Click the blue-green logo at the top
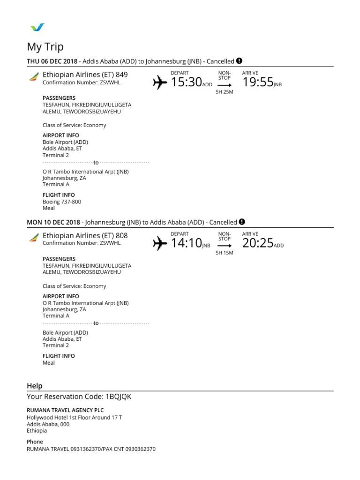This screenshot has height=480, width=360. pyautogui.click(x=37, y=27)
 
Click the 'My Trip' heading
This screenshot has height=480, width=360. pyautogui.click(x=45, y=47)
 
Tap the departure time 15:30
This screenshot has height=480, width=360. pyautogui.click(x=186, y=82)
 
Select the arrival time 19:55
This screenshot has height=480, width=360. pyautogui.click(x=258, y=82)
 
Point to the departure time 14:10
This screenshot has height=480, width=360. pyautogui.click(x=186, y=243)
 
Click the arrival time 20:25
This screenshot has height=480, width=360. pyautogui.click(x=258, y=243)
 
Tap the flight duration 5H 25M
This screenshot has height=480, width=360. pyautogui.click(x=224, y=92)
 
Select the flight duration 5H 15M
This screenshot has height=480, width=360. pyautogui.click(x=224, y=253)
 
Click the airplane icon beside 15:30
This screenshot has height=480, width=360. pyautogui.click(x=160, y=83)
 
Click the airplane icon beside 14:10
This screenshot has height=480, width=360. pyautogui.click(x=160, y=243)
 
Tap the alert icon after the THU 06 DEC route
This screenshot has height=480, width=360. pyautogui.click(x=239, y=61)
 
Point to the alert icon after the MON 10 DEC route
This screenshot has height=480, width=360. pyautogui.click(x=242, y=222)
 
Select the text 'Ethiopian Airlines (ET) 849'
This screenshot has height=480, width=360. pyautogui.click(x=85, y=75)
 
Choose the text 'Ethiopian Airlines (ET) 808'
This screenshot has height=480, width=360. pyautogui.click(x=85, y=235)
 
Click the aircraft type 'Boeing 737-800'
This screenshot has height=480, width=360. pyautogui.click(x=62, y=202)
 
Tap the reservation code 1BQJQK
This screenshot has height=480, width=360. pyautogui.click(x=119, y=397)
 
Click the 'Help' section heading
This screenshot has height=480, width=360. pyautogui.click(x=35, y=386)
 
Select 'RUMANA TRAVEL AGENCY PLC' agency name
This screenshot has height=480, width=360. pyautogui.click(x=65, y=410)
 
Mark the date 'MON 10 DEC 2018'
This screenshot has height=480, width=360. pyautogui.click(x=54, y=222)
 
